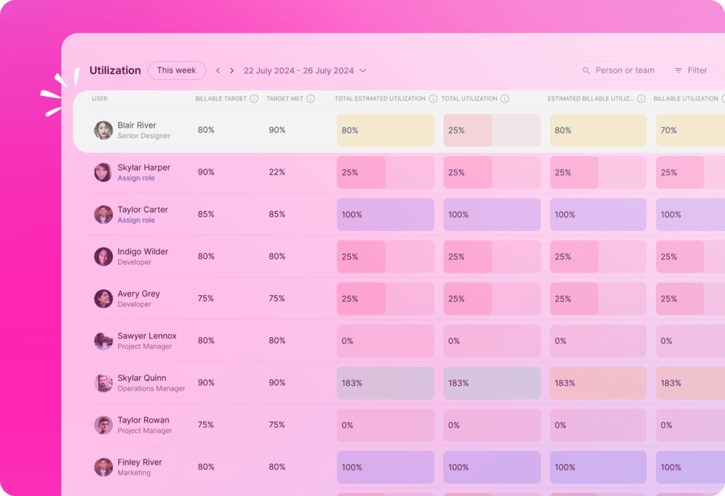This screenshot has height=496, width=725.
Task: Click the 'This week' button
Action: pyautogui.click(x=176, y=70)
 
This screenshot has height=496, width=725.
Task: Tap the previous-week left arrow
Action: pyautogui.click(x=218, y=71)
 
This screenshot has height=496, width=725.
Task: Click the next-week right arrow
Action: pyautogui.click(x=232, y=71)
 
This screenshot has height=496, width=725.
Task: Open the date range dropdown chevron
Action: pyautogui.click(x=363, y=71)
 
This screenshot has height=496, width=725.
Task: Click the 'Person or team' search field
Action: pyautogui.click(x=618, y=70)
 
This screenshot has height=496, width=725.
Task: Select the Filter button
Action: pyautogui.click(x=690, y=70)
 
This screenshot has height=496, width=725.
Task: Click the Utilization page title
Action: pyautogui.click(x=115, y=70)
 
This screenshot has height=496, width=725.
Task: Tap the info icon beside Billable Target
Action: pyautogui.click(x=254, y=99)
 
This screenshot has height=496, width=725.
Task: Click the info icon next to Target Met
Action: pyautogui.click(x=311, y=99)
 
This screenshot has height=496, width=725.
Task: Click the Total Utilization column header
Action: pyautogui.click(x=469, y=99)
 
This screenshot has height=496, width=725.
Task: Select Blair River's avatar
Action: pyautogui.click(x=104, y=130)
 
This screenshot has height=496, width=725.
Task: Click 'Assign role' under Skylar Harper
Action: pyautogui.click(x=136, y=178)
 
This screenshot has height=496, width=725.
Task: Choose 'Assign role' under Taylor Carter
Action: pyautogui.click(x=136, y=220)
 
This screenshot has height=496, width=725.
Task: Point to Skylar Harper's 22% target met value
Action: pyautogui.click(x=277, y=172)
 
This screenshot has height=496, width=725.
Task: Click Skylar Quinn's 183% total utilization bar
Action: pyautogui.click(x=492, y=383)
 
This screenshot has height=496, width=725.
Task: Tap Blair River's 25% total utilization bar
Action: pyautogui.click(x=492, y=131)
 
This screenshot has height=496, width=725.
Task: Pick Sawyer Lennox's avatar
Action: pyautogui.click(x=104, y=341)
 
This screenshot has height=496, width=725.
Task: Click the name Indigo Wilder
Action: pyautogui.click(x=143, y=252)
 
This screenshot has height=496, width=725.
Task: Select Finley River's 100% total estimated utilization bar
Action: pyautogui.click(x=385, y=467)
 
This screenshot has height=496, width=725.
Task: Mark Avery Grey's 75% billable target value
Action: pyautogui.click(x=206, y=298)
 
